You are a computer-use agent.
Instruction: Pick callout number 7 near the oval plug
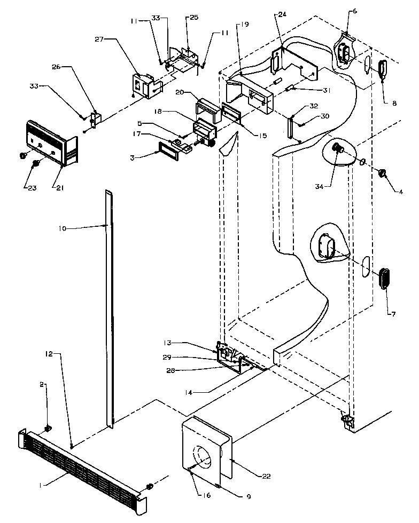[393, 314]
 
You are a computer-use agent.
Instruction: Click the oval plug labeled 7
[384, 280]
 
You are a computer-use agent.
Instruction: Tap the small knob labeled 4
[383, 173]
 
